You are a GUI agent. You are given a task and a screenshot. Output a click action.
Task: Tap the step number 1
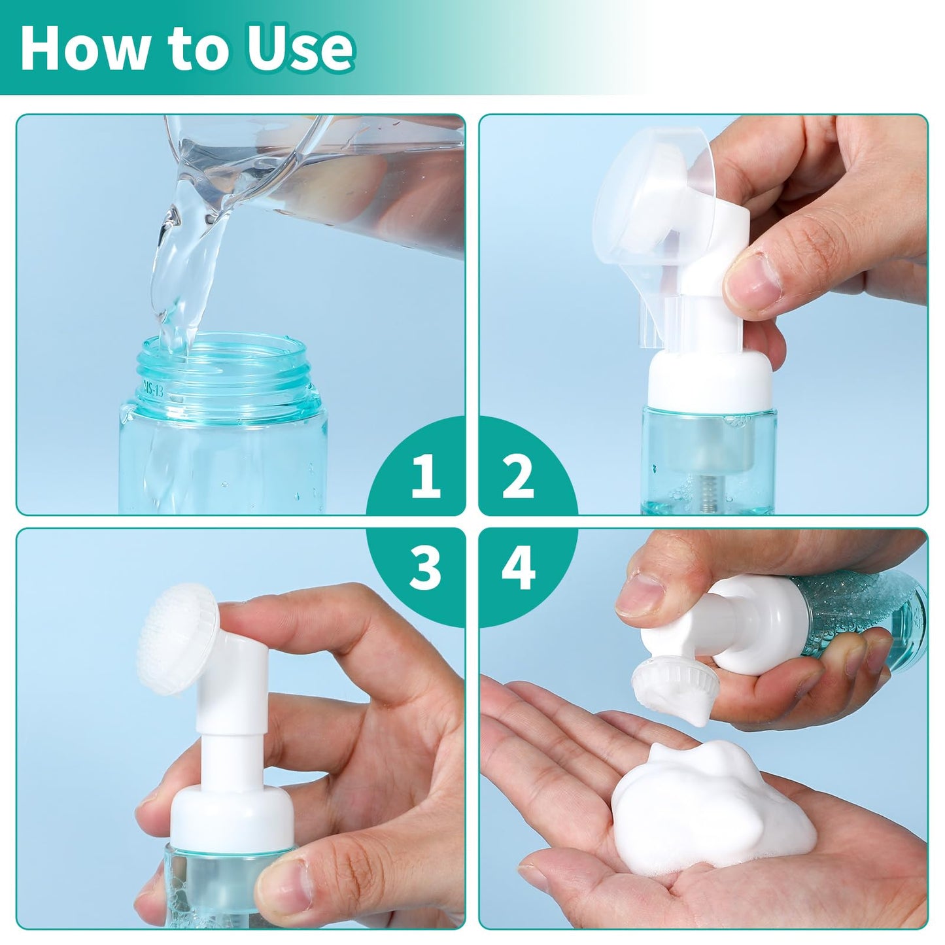point(425,476)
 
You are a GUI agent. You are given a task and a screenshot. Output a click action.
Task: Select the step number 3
point(425,568)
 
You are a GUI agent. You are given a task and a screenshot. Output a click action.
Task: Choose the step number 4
point(519,568)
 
